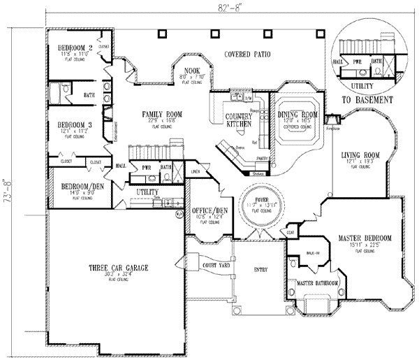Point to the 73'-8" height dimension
click(x=8, y=188)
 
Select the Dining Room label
click(x=298, y=114)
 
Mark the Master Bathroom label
click(x=318, y=283)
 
